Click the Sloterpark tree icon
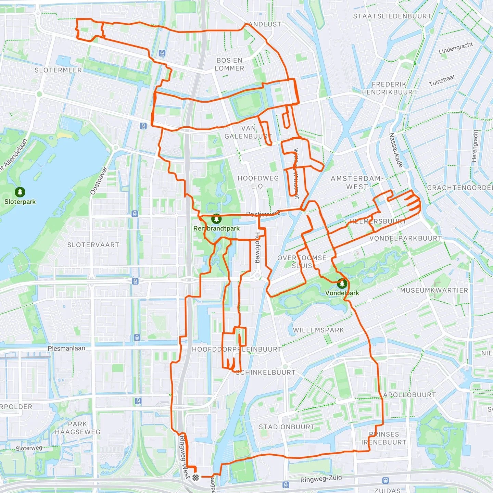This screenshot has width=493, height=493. point(20,192)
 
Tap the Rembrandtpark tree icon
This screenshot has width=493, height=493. point(216,218)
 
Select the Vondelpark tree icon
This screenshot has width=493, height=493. point(342,283)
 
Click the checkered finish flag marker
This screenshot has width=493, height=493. point(195,478)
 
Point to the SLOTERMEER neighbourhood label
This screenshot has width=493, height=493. point(58,70)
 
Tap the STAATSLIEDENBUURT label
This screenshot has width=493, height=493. point(392,16)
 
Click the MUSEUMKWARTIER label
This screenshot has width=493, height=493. point(434,290)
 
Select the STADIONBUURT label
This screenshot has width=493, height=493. point(287,427)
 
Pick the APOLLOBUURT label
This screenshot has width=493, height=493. point(409,395)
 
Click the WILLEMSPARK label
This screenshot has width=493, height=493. point(318,330)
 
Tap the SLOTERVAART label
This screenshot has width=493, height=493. point(93,245)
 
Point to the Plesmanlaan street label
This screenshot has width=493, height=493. point(66,348)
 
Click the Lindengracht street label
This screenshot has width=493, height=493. point(456,48)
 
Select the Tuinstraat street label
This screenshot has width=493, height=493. point(442,80)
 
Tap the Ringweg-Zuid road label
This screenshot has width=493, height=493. point(321,479)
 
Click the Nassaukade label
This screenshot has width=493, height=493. point(396,150)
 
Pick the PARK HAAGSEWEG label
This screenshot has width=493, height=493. point(78,428)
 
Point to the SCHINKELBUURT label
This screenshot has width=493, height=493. point(266,372)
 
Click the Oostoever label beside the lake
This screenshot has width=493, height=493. point(99,181)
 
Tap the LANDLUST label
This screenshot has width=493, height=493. point(263,24)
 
